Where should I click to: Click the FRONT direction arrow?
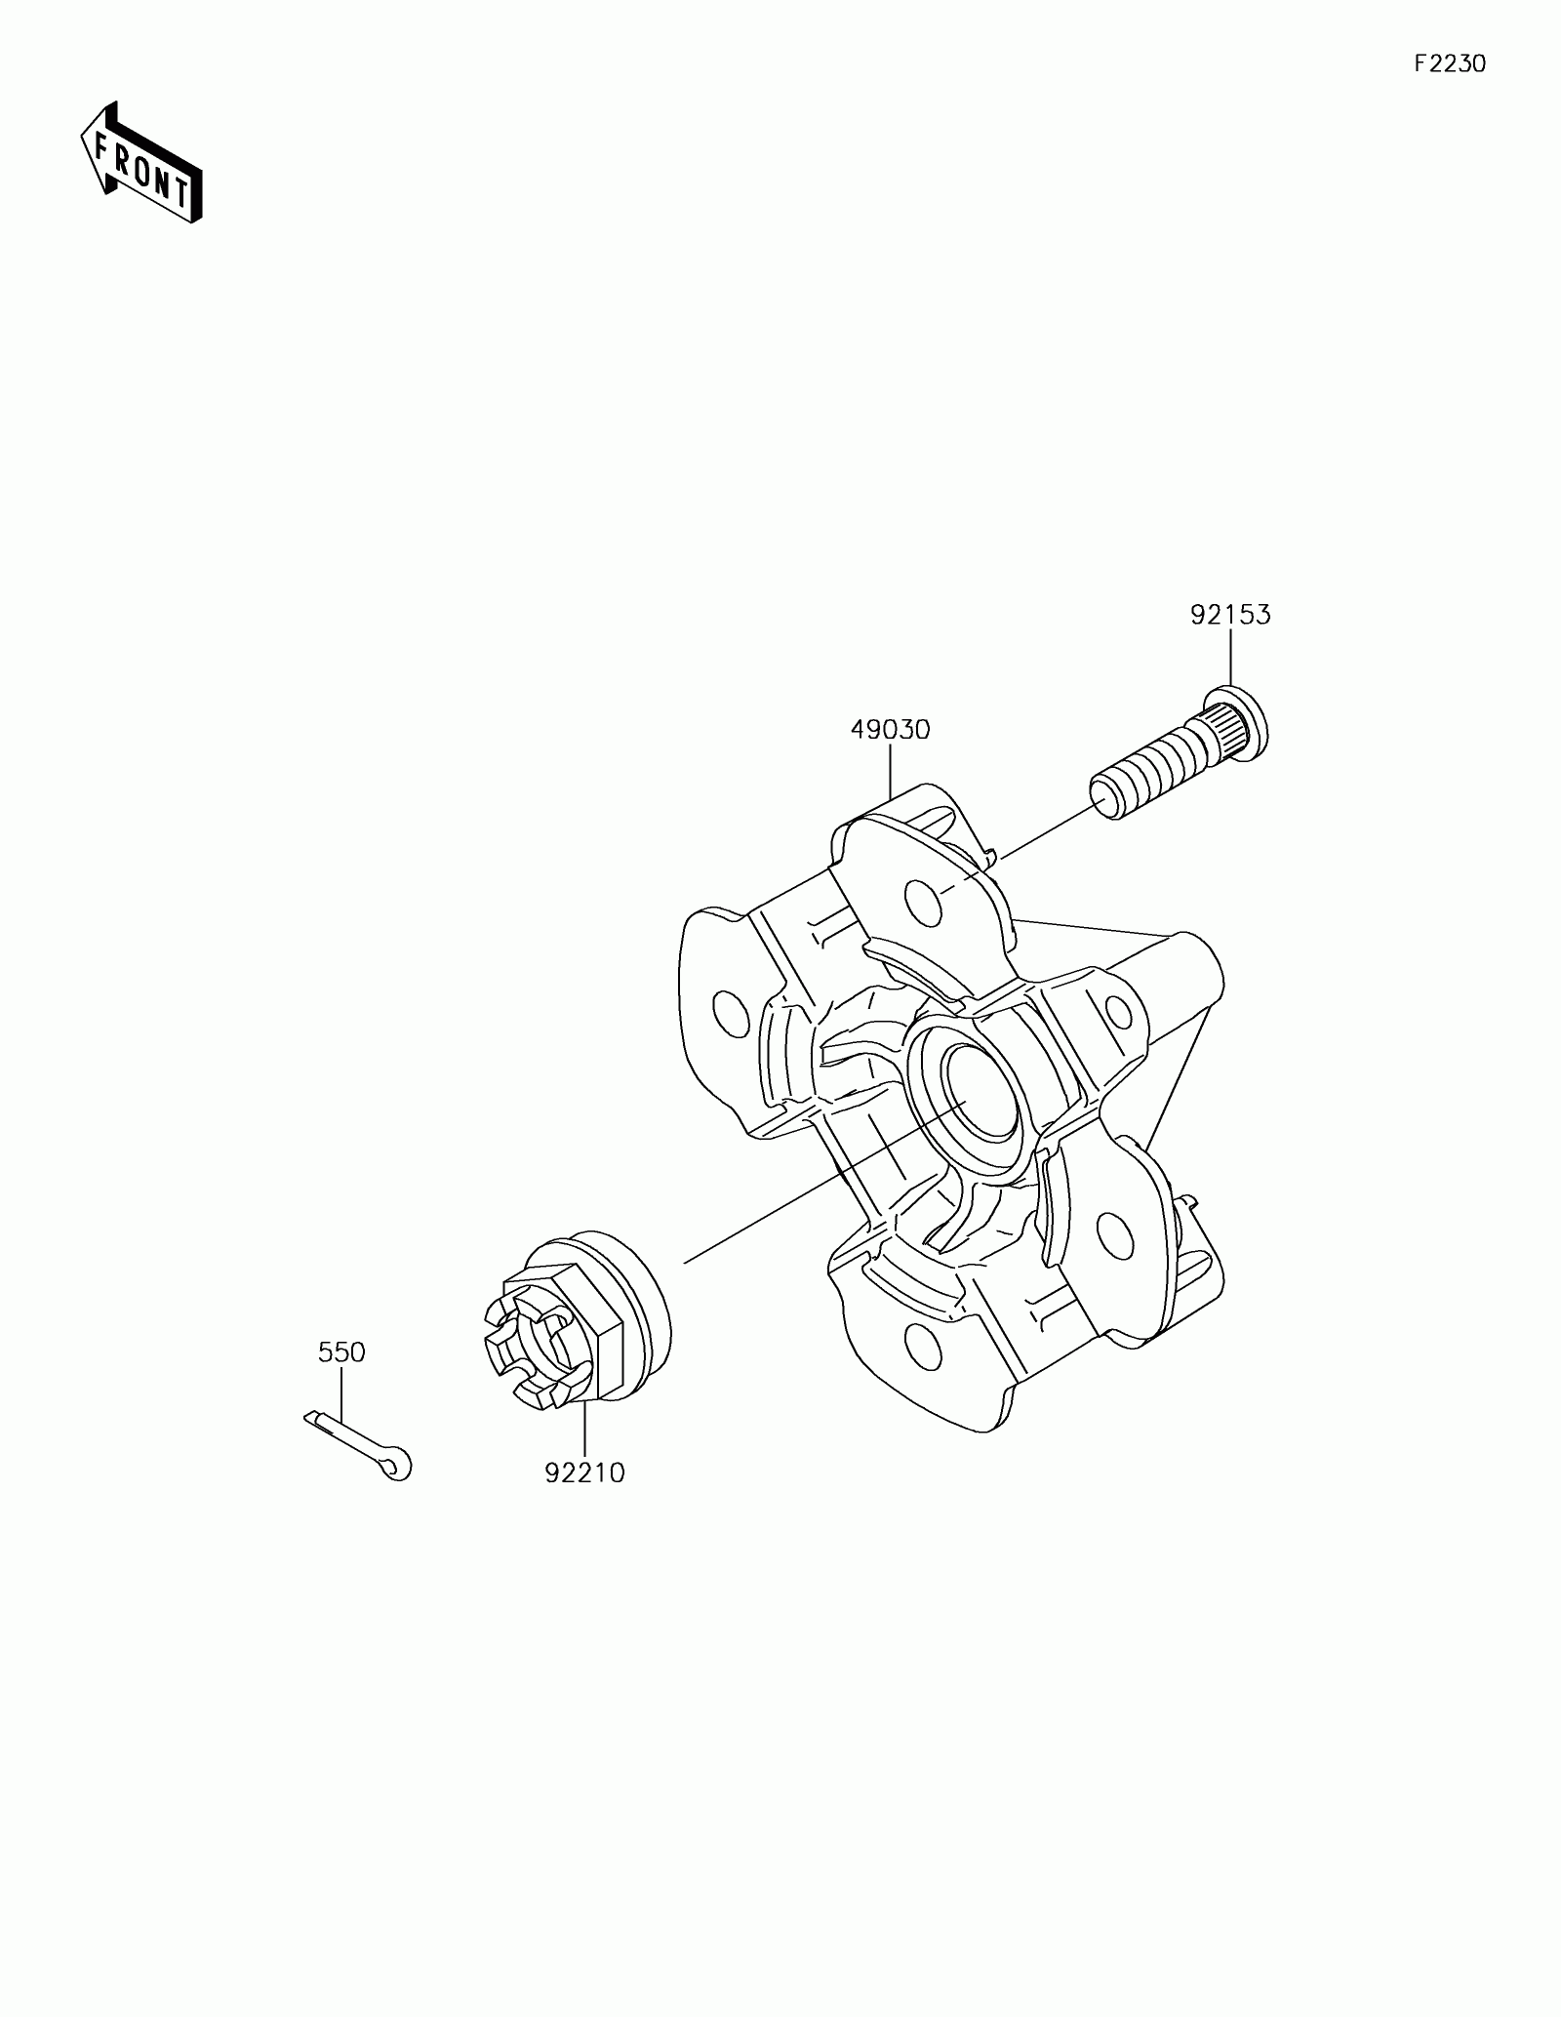click(x=140, y=162)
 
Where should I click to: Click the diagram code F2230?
click(x=1450, y=64)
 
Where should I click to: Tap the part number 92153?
click(x=1230, y=615)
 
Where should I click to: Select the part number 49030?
click(x=890, y=729)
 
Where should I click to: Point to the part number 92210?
click(x=584, y=1500)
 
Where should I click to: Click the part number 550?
click(x=341, y=1352)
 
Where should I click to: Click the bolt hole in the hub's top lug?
click(x=923, y=903)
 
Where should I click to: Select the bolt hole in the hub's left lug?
click(x=727, y=1014)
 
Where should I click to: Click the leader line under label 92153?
click(x=1230, y=659)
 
